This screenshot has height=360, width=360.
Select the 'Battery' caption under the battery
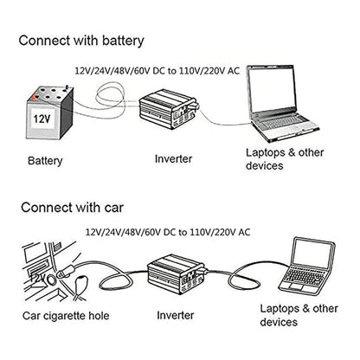click(45, 160)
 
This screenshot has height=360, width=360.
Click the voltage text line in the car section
click(169, 231)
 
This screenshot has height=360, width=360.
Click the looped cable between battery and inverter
click(100, 95)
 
